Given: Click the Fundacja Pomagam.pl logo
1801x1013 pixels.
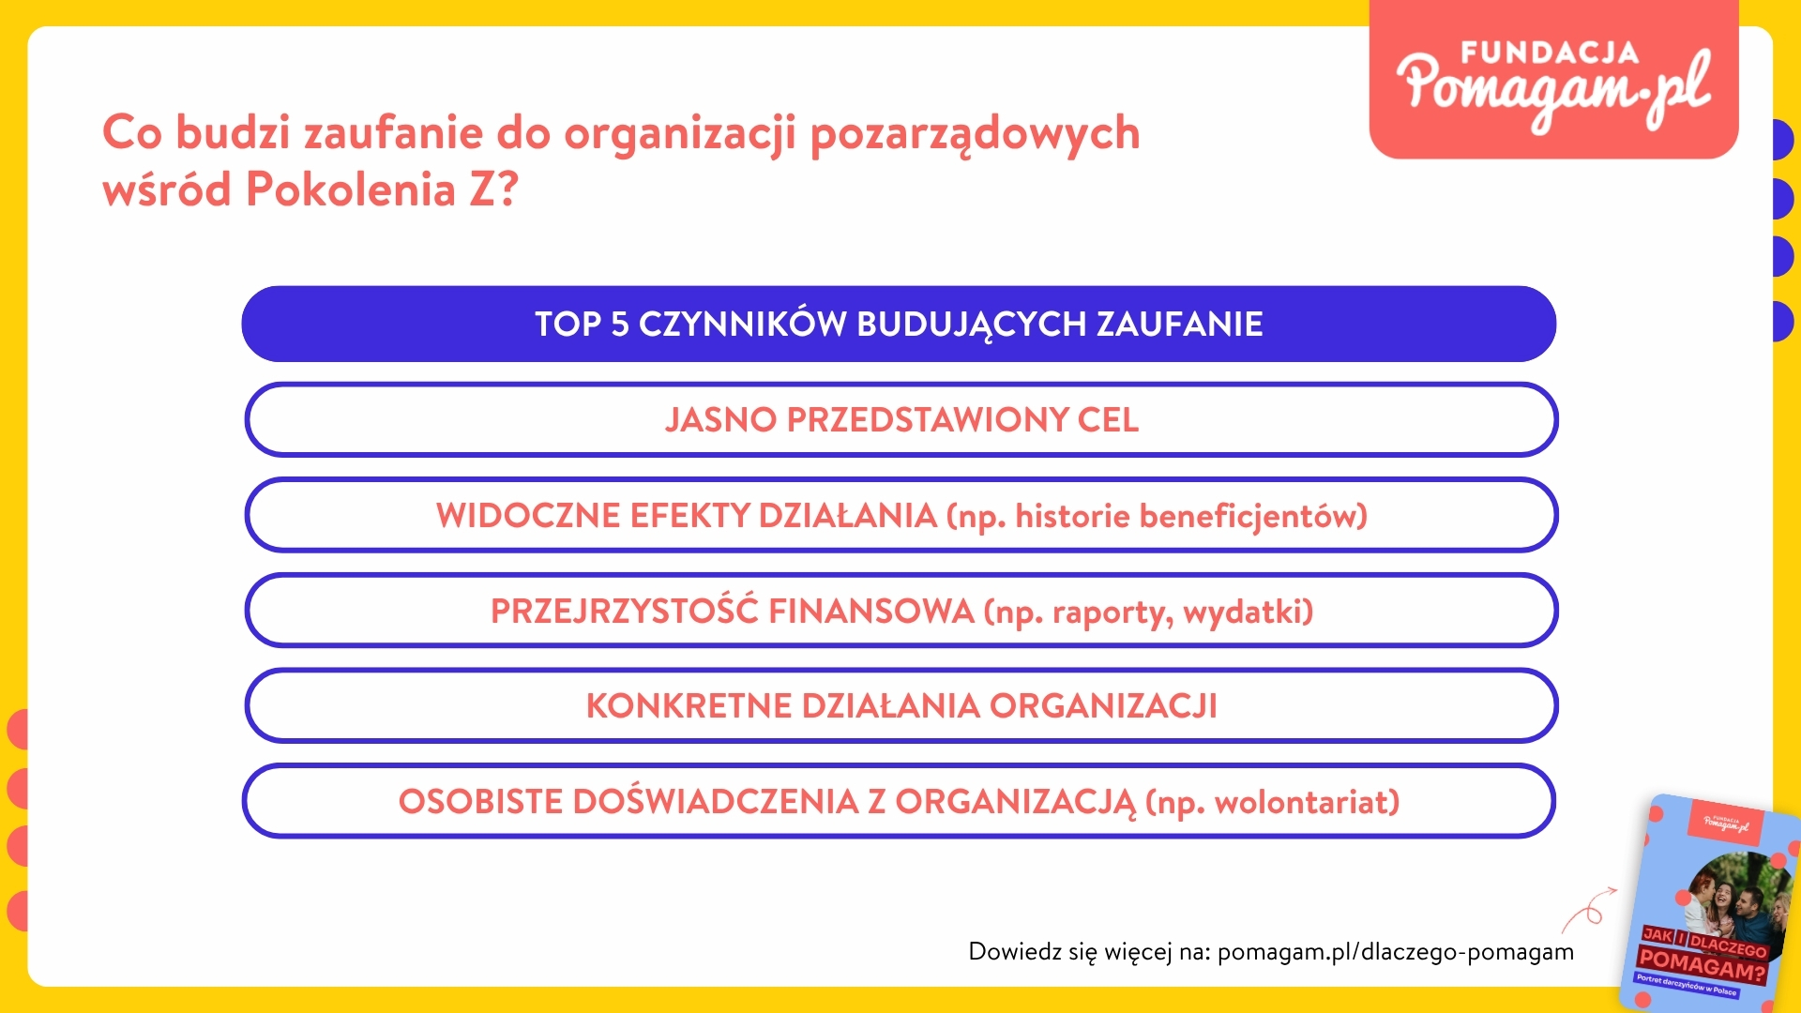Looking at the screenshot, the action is coord(1553,80).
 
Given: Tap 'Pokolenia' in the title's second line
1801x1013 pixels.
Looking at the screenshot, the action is coord(351,190).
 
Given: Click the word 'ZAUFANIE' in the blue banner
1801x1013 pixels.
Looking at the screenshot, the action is coord(1180,324).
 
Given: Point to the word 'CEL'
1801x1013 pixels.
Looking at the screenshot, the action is coord(1108,419).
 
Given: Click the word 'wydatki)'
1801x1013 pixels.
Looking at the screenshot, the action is coord(1249,612).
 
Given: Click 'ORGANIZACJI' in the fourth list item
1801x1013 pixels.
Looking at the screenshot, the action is coord(1103,705).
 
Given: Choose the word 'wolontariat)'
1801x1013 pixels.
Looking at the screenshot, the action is coord(1307,803).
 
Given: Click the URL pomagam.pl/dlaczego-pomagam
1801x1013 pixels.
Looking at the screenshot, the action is coord(1396,952).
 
